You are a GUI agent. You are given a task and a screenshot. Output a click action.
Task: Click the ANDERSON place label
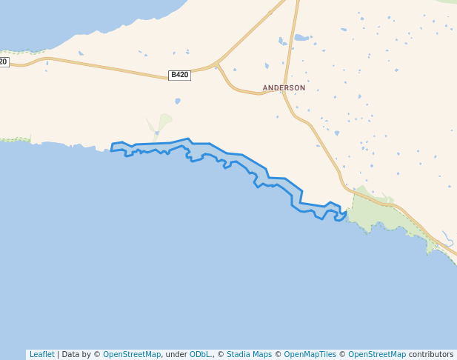click(284, 87)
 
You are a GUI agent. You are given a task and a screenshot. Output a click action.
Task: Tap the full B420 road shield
click(179, 75)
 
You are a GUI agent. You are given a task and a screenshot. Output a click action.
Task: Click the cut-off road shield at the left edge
click(4, 62)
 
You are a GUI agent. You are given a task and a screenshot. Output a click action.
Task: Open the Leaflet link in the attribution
click(41, 354)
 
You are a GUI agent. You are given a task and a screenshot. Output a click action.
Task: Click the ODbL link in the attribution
click(200, 354)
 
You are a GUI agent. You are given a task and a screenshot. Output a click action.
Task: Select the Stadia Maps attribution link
click(249, 354)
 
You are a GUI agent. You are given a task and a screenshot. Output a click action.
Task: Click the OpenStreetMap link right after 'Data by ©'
click(132, 354)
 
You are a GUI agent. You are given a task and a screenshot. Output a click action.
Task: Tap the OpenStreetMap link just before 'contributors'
click(377, 354)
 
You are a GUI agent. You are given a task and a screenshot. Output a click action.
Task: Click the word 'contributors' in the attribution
click(431, 354)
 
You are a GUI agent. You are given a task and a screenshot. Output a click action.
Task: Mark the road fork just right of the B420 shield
click(216, 64)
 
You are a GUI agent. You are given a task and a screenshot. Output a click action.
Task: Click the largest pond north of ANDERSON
click(301, 37)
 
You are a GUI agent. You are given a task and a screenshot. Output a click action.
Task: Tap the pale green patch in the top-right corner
click(447, 2)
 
